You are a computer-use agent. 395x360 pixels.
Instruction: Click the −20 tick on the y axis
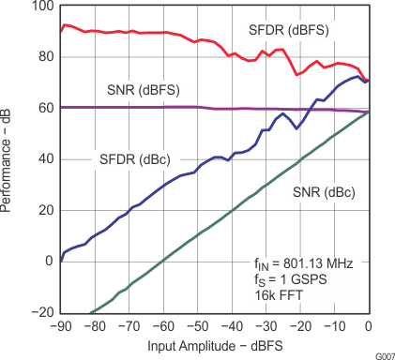tap(41, 312)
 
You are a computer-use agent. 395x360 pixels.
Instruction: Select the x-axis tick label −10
tap(333, 326)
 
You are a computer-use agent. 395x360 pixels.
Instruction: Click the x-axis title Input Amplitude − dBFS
tap(214, 347)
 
